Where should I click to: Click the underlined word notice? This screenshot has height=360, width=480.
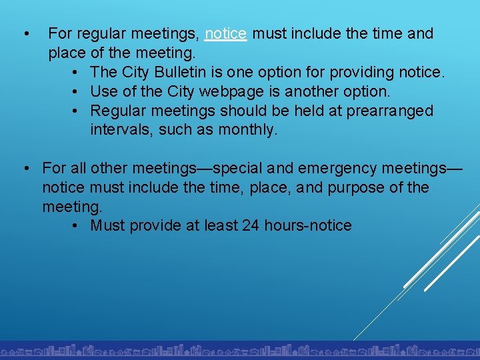[x=226, y=33]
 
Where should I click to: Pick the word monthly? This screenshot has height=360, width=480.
[x=247, y=130]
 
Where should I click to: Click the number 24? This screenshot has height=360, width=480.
[x=251, y=225]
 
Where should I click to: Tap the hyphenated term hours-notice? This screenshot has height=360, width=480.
[x=308, y=225]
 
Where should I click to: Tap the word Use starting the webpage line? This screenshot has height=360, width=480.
[x=103, y=91]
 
